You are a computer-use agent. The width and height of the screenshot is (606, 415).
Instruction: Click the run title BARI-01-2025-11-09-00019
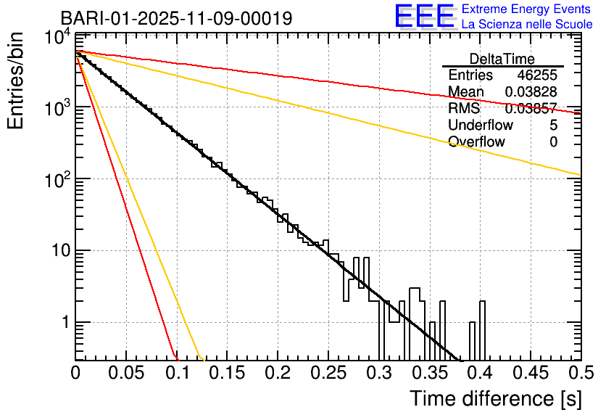pyautogui.click(x=176, y=18)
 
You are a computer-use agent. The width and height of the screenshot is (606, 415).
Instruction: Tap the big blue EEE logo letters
pyautogui.click(x=425, y=17)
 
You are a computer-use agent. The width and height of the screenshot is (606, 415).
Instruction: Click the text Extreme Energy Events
pyautogui.click(x=527, y=9)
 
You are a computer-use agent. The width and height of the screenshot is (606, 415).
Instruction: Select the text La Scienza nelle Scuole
pyautogui.click(x=527, y=25)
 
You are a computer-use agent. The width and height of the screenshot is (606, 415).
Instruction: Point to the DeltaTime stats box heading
pyautogui.click(x=502, y=59)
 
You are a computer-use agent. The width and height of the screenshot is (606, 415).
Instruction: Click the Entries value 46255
pyautogui.click(x=537, y=75)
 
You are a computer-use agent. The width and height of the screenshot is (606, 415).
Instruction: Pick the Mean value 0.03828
pyautogui.click(x=531, y=92)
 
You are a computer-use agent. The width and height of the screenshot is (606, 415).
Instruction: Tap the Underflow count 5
pyautogui.click(x=553, y=126)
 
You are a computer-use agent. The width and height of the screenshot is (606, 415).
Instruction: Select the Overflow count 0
pyautogui.click(x=553, y=142)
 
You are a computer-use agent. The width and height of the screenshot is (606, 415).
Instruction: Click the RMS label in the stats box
pyautogui.click(x=464, y=109)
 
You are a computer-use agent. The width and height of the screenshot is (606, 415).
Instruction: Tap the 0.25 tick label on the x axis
pyautogui.click(x=328, y=373)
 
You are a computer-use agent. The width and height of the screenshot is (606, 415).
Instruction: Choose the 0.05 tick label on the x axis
pyautogui.click(x=126, y=373)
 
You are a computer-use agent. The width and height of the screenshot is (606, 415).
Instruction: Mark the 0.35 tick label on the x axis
pyautogui.click(x=428, y=373)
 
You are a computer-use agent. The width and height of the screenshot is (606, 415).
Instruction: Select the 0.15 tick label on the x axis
pyautogui.click(x=227, y=373)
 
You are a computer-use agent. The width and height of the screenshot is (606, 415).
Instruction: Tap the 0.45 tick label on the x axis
pyautogui.click(x=529, y=373)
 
